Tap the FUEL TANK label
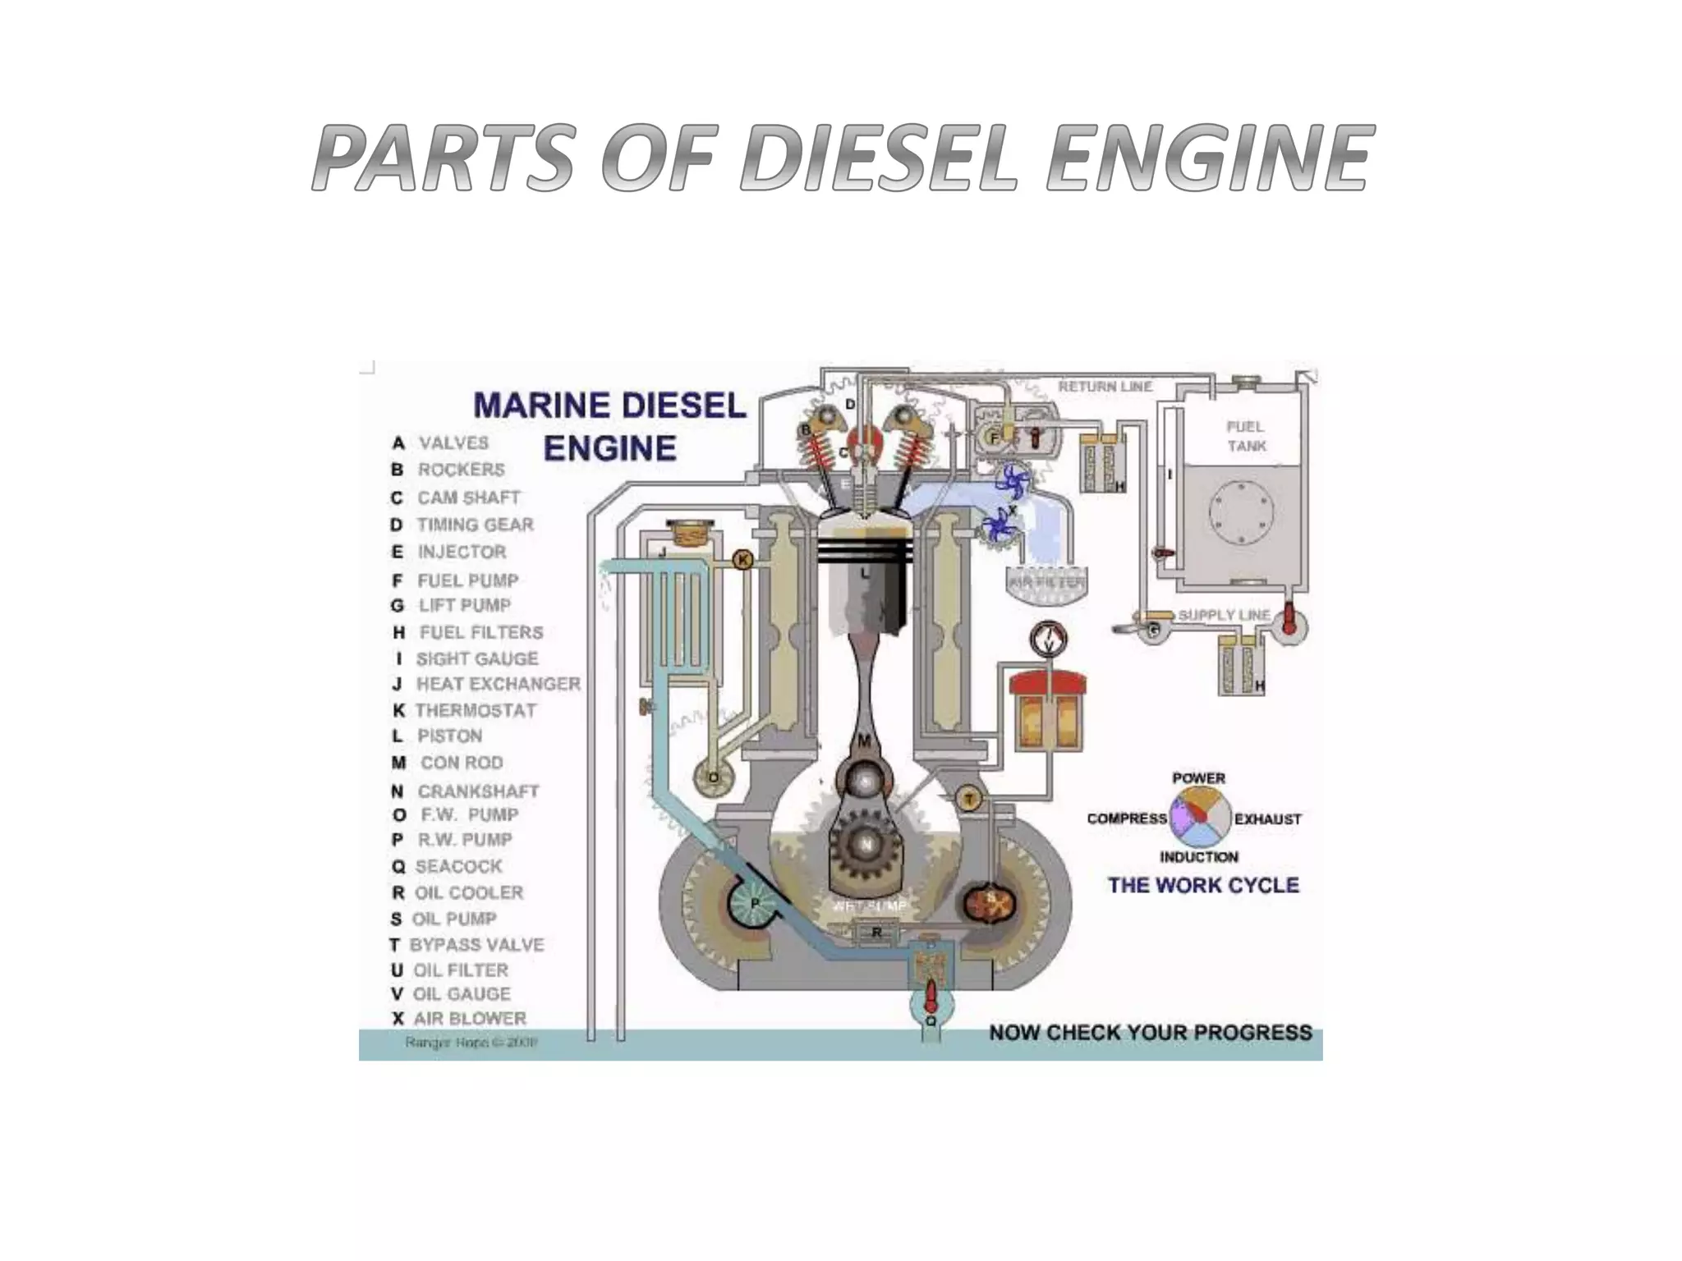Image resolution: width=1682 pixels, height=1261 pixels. [1246, 436]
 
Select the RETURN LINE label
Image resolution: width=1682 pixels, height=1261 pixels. [1105, 386]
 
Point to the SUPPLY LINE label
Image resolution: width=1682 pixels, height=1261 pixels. [1224, 615]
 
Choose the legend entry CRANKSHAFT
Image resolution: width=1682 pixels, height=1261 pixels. [478, 791]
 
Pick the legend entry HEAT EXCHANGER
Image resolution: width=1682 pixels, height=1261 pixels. [498, 684]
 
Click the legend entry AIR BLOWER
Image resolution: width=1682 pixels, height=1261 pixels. [469, 1018]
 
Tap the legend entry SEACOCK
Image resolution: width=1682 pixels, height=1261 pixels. [458, 866]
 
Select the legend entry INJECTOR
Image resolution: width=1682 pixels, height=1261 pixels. [462, 552]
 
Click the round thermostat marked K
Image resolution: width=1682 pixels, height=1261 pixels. [742, 560]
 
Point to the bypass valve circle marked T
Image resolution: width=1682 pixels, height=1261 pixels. [969, 799]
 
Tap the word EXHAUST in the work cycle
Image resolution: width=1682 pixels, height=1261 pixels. [1267, 819]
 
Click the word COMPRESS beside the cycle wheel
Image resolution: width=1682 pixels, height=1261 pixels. [1127, 819]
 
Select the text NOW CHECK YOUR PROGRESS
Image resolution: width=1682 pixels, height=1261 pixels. [1150, 1032]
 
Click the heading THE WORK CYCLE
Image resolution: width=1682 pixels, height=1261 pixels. [1203, 885]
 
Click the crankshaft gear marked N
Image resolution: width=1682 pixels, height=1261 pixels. [866, 844]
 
